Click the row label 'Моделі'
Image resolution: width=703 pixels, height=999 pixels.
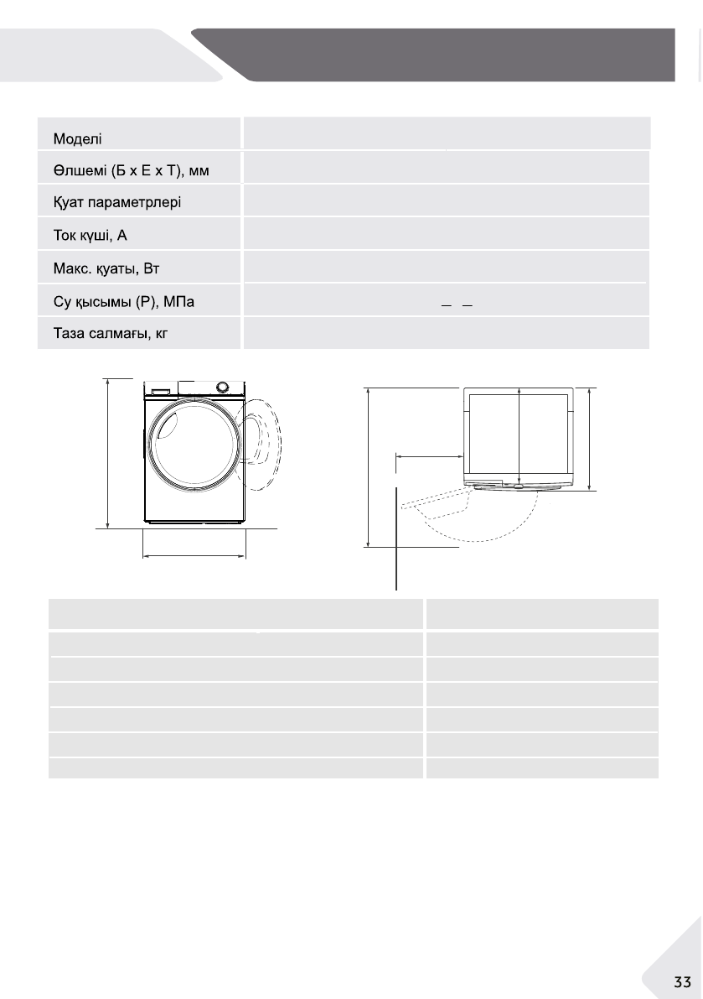(x=78, y=139)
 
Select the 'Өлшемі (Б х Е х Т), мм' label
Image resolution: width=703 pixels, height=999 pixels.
(x=131, y=171)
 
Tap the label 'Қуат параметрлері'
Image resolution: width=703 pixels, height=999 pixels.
(x=117, y=203)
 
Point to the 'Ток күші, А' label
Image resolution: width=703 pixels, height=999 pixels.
(x=90, y=236)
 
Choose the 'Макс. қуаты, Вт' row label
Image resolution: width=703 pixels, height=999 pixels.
(x=106, y=268)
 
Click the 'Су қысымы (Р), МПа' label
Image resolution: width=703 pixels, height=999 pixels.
(x=124, y=301)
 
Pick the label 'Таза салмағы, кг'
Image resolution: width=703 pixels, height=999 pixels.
(x=111, y=333)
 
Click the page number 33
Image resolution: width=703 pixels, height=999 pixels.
(x=683, y=981)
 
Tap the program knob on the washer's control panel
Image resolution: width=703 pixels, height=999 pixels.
(x=223, y=388)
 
